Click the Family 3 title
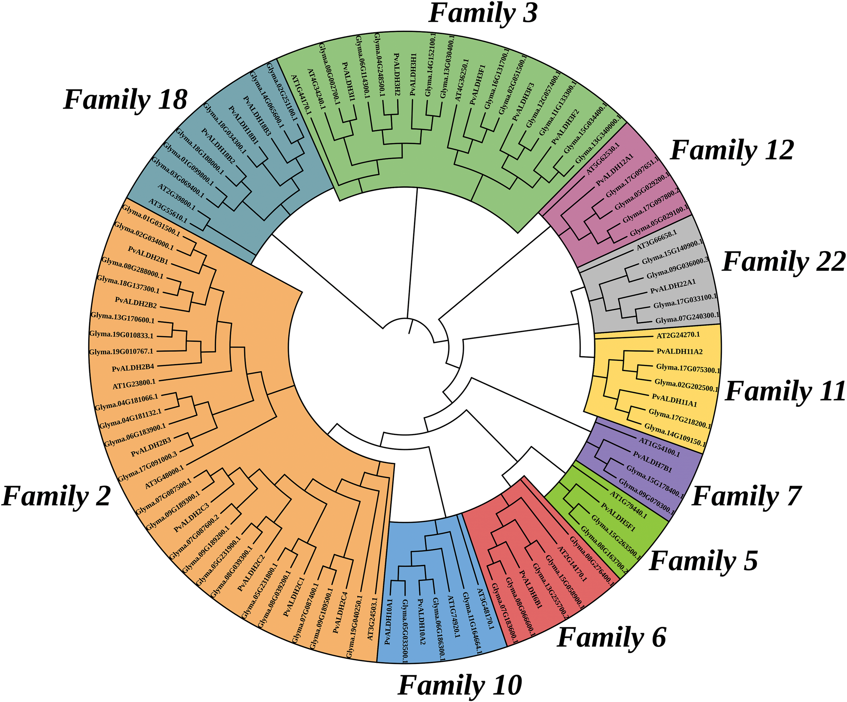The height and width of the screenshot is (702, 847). [x=483, y=14]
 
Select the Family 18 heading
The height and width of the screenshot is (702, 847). [x=125, y=100]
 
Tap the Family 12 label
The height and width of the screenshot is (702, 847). [x=732, y=150]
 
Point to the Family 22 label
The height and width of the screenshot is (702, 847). [x=783, y=262]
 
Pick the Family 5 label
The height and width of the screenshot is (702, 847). [x=703, y=561]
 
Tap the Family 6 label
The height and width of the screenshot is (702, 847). [x=611, y=638]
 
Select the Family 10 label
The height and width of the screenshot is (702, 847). [x=460, y=685]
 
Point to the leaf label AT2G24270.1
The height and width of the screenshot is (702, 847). [x=678, y=335]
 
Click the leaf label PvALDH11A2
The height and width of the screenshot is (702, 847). [x=679, y=351]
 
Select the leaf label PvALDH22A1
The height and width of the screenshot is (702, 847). [x=673, y=288]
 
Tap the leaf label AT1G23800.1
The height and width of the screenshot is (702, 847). [x=134, y=384]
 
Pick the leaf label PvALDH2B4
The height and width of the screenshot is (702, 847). [x=133, y=368]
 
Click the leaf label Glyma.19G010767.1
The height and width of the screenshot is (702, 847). [x=121, y=351]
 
